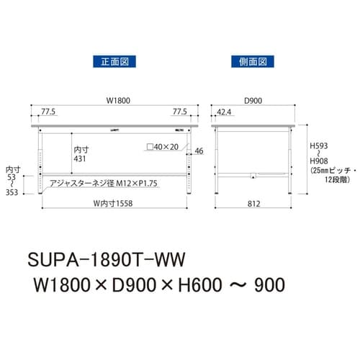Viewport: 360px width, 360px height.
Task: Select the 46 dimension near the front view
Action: click(199, 150)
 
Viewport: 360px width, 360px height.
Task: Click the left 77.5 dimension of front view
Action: click(49, 112)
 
